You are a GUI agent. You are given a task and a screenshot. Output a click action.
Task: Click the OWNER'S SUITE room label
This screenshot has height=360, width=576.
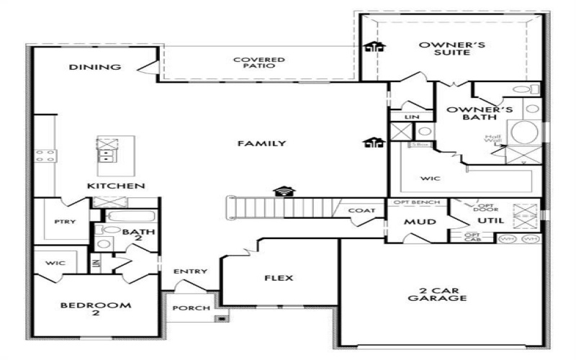tap(451, 48)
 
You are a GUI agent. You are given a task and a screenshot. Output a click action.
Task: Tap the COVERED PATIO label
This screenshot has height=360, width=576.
tap(258, 63)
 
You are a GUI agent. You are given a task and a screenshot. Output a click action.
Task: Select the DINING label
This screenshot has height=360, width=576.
tap(94, 68)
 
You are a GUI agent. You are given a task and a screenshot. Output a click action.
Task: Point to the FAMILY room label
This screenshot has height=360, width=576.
tap(261, 143)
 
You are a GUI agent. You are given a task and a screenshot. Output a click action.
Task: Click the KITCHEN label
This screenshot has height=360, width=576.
tap(116, 186)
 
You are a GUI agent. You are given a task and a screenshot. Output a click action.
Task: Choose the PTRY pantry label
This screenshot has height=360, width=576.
tap(62, 222)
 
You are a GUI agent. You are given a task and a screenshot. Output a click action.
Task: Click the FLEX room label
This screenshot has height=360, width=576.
tap(279, 278)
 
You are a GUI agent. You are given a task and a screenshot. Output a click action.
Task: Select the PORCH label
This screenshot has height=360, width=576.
tap(191, 308)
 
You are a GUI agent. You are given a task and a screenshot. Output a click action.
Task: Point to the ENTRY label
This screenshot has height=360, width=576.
tap(190, 271)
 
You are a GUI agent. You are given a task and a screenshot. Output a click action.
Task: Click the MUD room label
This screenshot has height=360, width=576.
tap(419, 222)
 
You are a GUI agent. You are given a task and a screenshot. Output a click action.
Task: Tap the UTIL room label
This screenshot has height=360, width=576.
tap(490, 221)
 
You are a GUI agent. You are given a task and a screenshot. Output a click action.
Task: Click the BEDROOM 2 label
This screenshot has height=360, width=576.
tap(95, 310)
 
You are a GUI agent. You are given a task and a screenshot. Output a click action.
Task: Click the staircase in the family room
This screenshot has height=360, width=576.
tap(281, 207)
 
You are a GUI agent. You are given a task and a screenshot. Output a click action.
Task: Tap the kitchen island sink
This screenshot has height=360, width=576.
tap(108, 148)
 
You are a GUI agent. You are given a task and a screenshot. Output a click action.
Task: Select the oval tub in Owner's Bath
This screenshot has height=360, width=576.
tap(523, 133)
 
